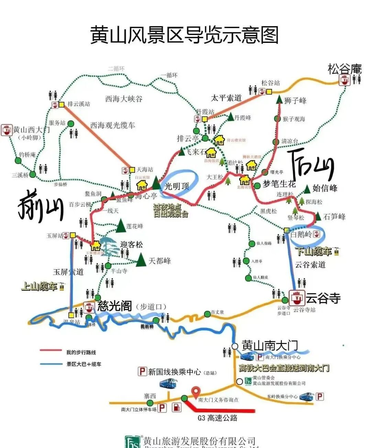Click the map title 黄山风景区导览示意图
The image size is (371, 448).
click(184, 35)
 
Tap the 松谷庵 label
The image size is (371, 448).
click(345, 69)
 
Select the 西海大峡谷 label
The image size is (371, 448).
click(124, 99)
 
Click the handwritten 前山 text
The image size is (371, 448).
click(41, 206)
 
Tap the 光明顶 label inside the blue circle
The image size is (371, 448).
click(177, 186)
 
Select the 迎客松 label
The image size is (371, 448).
click(131, 244)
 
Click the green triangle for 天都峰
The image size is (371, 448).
click(141, 260)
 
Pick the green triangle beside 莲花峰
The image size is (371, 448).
click(121, 226)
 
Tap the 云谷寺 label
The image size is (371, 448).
click(323, 298)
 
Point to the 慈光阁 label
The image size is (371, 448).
click(115, 306)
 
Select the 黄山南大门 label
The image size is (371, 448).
click(270, 345)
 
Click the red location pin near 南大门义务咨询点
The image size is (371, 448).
click(196, 391)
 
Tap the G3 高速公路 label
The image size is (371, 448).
click(217, 418)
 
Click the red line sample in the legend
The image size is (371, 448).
click(50, 351)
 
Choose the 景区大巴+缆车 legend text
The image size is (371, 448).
click(84, 364)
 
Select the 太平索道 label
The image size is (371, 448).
click(226, 98)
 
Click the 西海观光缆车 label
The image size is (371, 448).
click(113, 125)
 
